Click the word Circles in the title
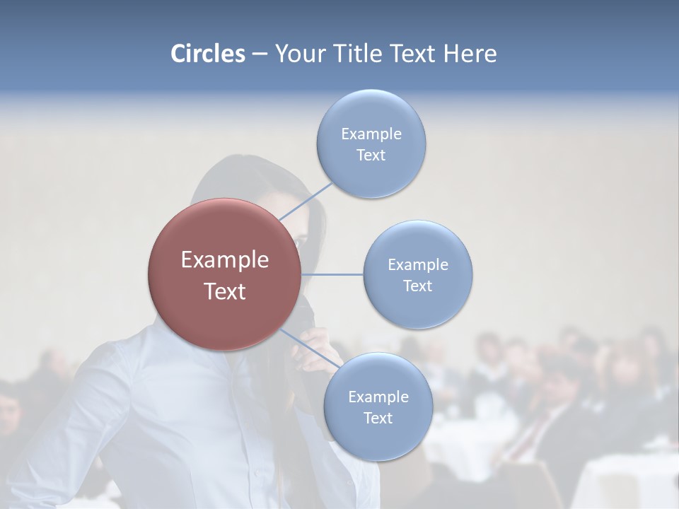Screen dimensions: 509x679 click(208, 54)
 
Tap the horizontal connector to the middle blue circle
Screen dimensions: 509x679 click(332, 274)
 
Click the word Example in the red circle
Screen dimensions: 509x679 click(225, 260)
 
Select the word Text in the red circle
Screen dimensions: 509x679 click(225, 291)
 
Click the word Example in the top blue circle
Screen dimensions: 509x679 click(371, 134)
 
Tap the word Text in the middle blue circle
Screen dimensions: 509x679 click(417, 286)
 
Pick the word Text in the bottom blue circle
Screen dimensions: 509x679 click(378, 419)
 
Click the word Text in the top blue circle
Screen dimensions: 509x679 click(371, 156)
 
